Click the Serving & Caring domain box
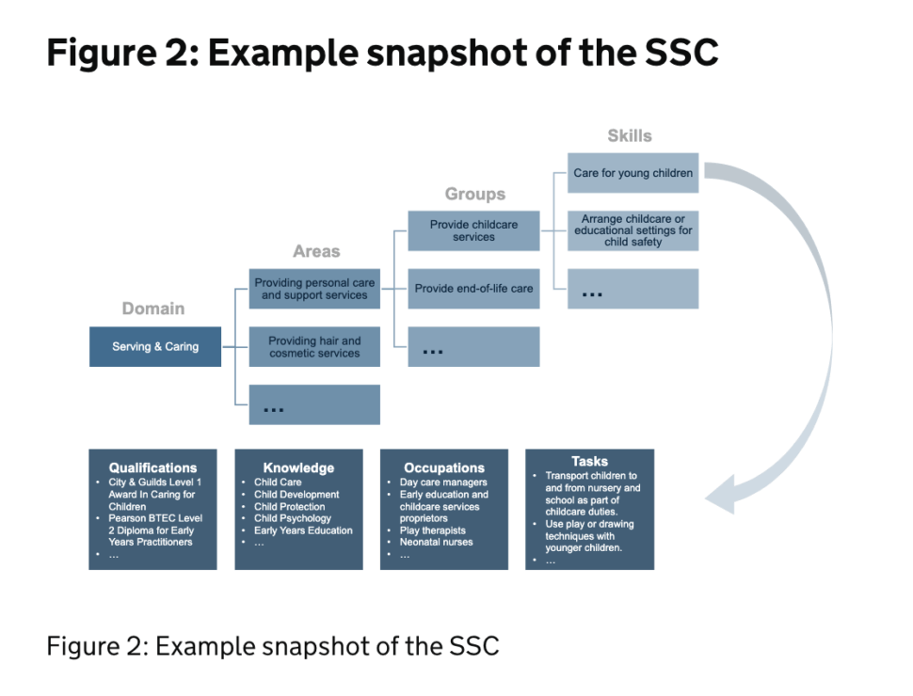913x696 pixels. [155, 347]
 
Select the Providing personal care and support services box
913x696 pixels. [314, 289]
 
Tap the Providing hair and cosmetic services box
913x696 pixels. [314, 347]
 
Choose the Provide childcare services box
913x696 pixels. [474, 231]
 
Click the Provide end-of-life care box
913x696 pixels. [474, 289]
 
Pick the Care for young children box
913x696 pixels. [633, 173]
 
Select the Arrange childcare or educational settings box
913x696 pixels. [633, 231]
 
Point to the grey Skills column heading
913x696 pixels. [630, 136]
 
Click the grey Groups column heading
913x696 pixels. [475, 194]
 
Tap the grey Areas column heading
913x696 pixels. [316, 251]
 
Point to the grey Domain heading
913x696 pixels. [153, 308]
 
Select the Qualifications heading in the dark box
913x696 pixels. [153, 467]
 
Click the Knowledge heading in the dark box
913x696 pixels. [298, 467]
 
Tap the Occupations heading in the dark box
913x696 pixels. [444, 467]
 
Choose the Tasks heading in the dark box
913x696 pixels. [590, 462]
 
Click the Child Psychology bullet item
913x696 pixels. [293, 518]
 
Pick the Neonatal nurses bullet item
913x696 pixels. [436, 543]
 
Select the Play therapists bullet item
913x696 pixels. [433, 530]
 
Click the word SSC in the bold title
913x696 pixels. [681, 53]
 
